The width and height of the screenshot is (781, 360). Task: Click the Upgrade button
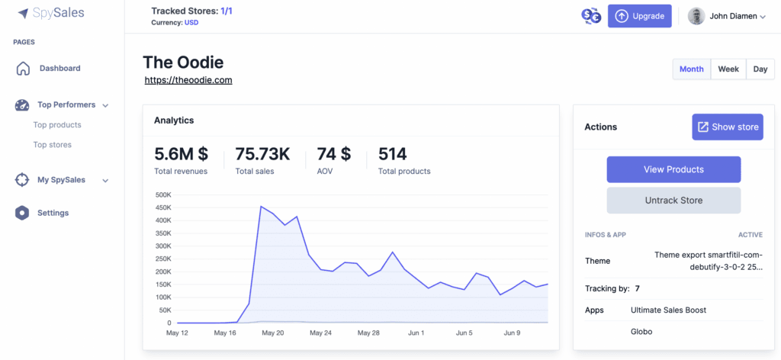click(x=640, y=16)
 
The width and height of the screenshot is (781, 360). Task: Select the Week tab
click(x=728, y=69)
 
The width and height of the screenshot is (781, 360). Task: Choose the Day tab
click(x=760, y=69)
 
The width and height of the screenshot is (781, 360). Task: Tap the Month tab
click(x=692, y=69)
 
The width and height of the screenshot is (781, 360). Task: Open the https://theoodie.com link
click(x=188, y=79)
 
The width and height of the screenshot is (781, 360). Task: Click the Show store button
click(x=727, y=127)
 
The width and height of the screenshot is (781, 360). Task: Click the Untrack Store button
click(x=673, y=201)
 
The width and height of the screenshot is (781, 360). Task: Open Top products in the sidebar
click(x=57, y=125)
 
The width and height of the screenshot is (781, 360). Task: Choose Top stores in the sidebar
click(x=53, y=145)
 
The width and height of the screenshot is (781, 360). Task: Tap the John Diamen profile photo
click(x=696, y=16)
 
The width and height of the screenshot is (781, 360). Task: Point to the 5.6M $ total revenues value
click(x=182, y=154)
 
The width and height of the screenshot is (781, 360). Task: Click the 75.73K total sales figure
click(x=262, y=154)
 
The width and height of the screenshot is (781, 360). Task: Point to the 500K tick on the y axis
click(x=163, y=194)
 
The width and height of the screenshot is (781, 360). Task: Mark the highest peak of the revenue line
click(x=261, y=206)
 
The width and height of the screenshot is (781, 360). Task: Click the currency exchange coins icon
click(x=591, y=16)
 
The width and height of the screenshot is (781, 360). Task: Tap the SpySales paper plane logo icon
click(x=23, y=14)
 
